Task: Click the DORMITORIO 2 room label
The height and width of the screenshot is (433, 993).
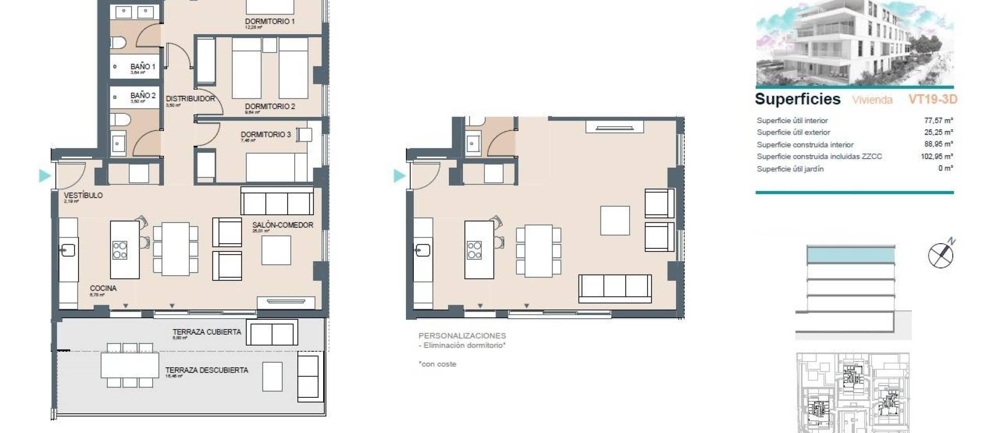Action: (269, 106)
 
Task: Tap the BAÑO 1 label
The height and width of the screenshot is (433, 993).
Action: (143, 67)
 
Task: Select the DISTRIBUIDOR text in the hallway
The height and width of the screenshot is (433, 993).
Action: (190, 98)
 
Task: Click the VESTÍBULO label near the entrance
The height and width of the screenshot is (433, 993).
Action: (83, 195)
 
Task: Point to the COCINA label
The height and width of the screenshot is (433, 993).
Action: (103, 288)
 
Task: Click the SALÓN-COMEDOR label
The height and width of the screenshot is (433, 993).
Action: (282, 225)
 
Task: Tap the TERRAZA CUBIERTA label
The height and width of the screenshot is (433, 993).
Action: (206, 332)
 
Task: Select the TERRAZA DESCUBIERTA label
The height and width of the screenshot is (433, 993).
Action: (206, 370)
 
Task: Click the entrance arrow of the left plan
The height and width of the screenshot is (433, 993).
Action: (44, 176)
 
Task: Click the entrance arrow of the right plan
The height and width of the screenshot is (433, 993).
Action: (399, 176)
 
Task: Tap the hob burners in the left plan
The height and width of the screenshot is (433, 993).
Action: (120, 250)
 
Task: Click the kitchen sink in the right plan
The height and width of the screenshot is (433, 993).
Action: (423, 250)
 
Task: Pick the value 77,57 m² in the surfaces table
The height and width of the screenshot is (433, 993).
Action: (938, 121)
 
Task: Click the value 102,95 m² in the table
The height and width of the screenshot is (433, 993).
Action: (936, 156)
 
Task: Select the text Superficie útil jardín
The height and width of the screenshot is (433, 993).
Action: (790, 169)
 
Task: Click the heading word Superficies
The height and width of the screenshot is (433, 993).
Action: (797, 99)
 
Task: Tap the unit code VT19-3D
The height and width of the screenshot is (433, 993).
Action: (932, 99)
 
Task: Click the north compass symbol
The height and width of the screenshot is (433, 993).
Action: (941, 255)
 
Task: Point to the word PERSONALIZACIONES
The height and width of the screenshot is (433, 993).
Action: (462, 336)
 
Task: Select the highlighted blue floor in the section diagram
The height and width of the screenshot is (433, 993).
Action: (850, 255)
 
